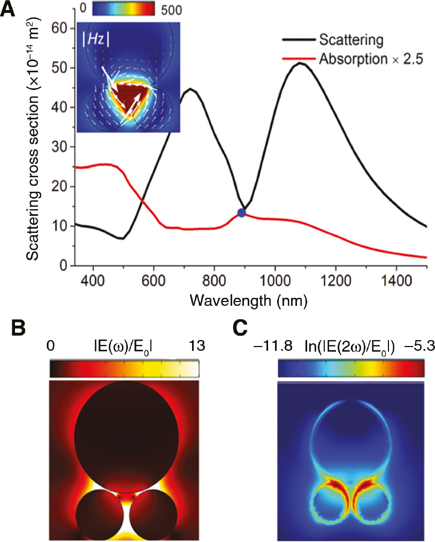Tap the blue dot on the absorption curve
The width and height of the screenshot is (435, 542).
tap(241, 213)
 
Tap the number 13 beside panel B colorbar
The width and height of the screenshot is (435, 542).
tap(187, 347)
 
